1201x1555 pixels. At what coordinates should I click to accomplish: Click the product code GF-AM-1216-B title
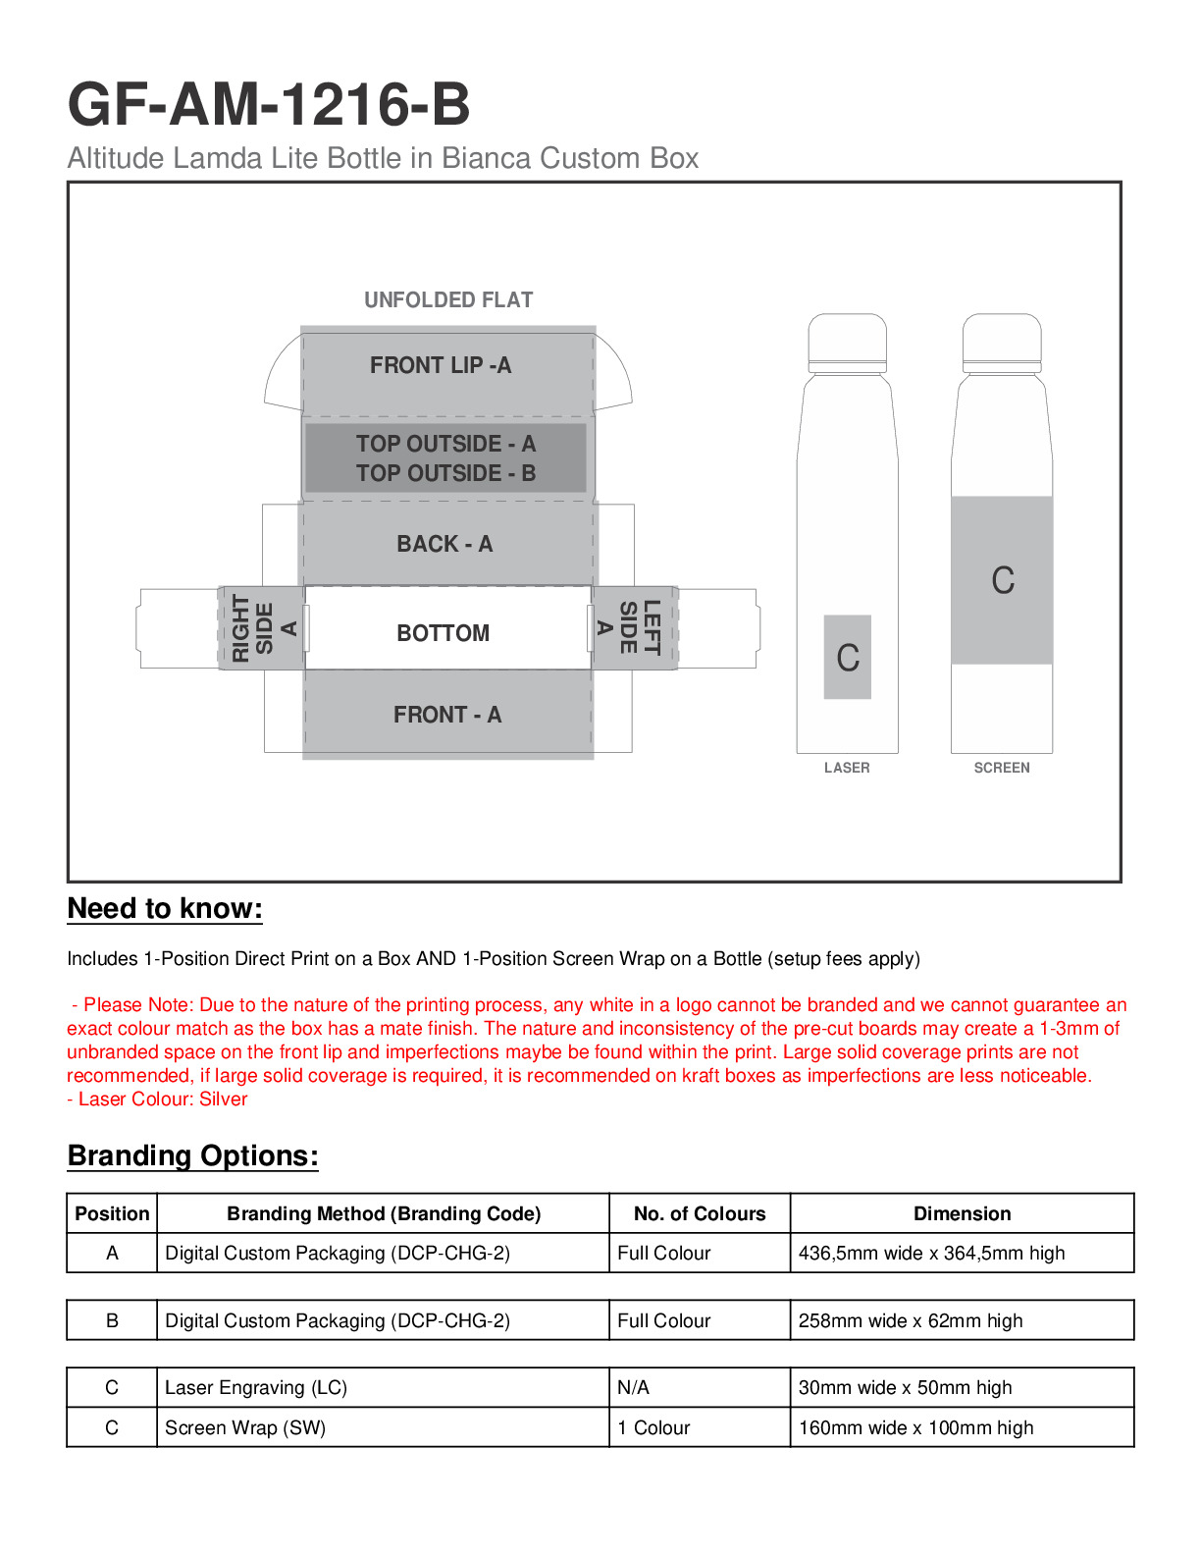(x=269, y=105)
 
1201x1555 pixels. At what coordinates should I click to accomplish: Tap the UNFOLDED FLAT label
(x=448, y=300)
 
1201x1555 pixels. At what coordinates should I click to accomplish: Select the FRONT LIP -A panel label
(x=441, y=366)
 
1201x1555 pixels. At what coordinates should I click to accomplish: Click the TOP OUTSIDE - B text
(x=445, y=473)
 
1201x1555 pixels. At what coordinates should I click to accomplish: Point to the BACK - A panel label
(x=444, y=544)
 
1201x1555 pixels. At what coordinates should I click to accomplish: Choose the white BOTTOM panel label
(x=443, y=633)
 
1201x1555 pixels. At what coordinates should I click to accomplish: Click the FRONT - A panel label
(x=447, y=715)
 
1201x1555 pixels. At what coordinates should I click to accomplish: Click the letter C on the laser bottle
(x=848, y=658)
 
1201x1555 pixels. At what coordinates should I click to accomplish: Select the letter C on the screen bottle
(x=1002, y=580)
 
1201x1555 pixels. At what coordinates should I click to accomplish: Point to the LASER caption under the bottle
(x=847, y=768)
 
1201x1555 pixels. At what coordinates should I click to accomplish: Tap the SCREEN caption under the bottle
(x=1002, y=768)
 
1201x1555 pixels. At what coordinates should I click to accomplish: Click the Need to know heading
(x=165, y=909)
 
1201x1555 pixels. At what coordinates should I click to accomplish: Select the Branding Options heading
(x=192, y=1156)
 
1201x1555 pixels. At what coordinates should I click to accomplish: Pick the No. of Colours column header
(x=700, y=1214)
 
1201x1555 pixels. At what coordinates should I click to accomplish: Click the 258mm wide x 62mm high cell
(x=911, y=1321)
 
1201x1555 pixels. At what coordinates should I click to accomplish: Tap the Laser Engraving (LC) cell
(x=256, y=1388)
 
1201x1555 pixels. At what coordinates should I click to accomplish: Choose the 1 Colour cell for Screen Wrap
(x=653, y=1428)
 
